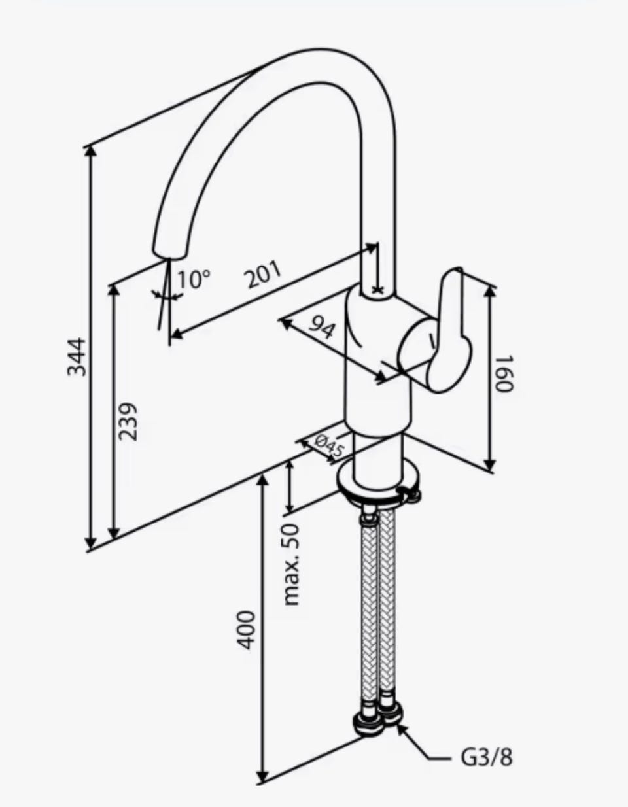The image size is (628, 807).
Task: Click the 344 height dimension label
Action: click(x=77, y=357)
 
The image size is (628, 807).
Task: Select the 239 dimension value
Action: click(x=128, y=422)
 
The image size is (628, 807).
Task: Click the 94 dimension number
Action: click(x=322, y=327)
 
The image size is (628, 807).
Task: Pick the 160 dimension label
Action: click(x=504, y=373)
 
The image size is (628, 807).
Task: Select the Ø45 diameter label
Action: click(x=328, y=445)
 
